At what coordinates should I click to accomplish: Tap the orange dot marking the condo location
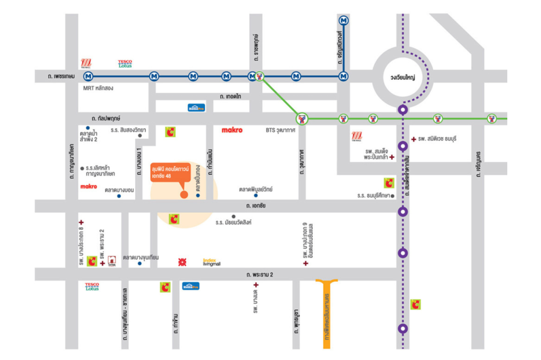[184, 195]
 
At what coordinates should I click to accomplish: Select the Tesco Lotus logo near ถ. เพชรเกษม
[125, 63]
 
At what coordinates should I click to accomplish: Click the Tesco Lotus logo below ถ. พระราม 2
[92, 287]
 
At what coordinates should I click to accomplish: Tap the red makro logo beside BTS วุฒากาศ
[232, 130]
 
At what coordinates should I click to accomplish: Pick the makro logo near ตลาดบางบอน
[89, 186]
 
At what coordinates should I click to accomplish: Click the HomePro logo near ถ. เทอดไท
[196, 108]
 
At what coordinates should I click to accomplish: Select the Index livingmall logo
[211, 262]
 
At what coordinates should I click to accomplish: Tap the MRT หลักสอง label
[98, 88]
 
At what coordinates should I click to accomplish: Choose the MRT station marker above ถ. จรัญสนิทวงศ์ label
[344, 21]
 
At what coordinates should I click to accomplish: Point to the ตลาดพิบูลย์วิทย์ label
[256, 188]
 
